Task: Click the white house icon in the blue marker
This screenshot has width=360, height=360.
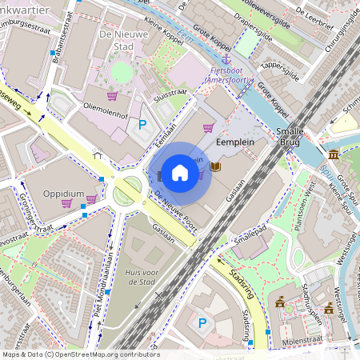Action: coord(180,173)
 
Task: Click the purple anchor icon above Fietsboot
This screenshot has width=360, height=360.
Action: coord(226,58)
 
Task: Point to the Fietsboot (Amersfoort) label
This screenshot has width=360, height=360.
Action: coord(226,75)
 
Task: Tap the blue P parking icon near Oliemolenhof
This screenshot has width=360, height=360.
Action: coord(143,124)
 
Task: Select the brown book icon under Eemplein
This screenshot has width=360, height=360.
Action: coord(215,167)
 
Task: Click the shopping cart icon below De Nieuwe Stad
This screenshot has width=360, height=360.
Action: coord(112,96)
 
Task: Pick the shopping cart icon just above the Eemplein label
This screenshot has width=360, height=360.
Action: coord(208,127)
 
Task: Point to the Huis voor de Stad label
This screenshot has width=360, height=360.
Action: coord(146,278)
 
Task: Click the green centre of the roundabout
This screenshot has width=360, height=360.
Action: coord(127,190)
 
